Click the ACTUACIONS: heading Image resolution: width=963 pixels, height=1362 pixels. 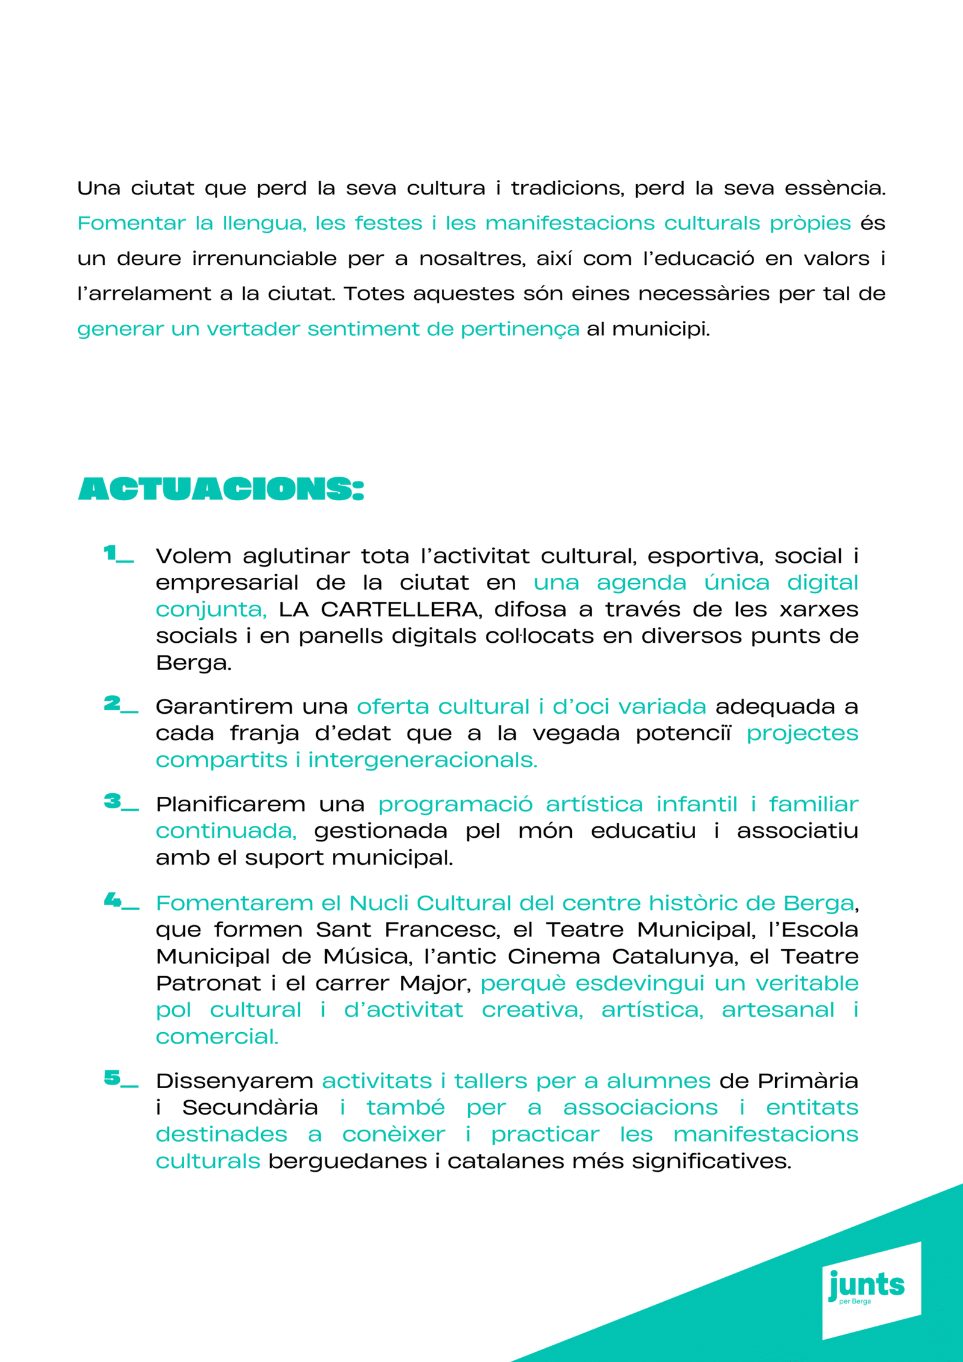pyautogui.click(x=221, y=489)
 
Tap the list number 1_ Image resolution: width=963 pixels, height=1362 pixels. pyautogui.click(x=118, y=554)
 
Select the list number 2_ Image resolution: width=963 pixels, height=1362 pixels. pyautogui.click(x=120, y=704)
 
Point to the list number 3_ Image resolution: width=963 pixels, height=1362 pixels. pyautogui.click(x=120, y=802)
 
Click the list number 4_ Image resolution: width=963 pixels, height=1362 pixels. pyautogui.click(x=120, y=901)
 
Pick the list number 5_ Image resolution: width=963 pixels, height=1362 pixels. pyautogui.click(x=120, y=1078)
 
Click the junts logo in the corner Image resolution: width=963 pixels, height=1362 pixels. pyautogui.click(x=867, y=1286)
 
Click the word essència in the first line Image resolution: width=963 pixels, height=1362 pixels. pyautogui.click(x=834, y=188)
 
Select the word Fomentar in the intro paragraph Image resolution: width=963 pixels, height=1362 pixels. pyautogui.click(x=132, y=223)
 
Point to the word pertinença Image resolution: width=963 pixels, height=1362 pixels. pyautogui.click(x=520, y=329)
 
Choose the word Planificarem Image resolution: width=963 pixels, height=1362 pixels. pyautogui.click(x=231, y=805)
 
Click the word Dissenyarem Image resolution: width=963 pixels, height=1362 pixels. pyautogui.click(x=234, y=1081)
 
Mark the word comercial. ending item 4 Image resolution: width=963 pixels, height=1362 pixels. pyautogui.click(x=217, y=1037)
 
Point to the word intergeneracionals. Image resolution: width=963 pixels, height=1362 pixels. pyautogui.click(x=423, y=760)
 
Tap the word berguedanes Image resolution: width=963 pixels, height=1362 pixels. pyautogui.click(x=347, y=1161)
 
